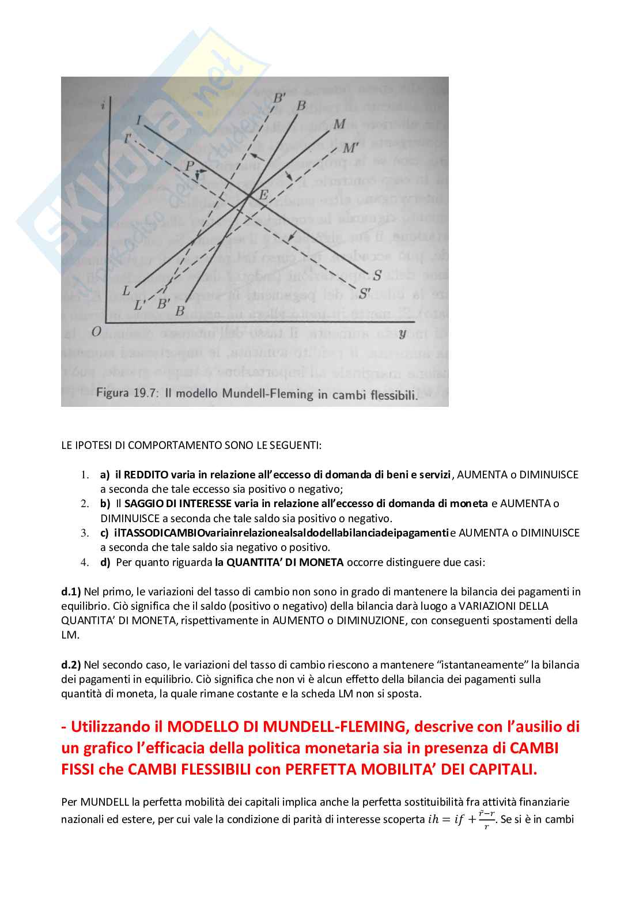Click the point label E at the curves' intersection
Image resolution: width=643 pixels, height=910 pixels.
point(263,194)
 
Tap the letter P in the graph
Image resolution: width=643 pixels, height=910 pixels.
point(190,166)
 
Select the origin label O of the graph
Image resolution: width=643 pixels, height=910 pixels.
point(96,331)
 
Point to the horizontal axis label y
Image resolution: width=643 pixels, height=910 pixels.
point(402,333)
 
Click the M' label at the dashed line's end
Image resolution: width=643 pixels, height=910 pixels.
point(351,148)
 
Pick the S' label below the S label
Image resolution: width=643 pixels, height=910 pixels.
point(364,293)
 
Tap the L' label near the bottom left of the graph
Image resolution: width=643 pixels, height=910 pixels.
point(139,305)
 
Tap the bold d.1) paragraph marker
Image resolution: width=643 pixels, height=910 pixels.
point(71,591)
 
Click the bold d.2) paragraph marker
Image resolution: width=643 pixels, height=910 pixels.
point(71,664)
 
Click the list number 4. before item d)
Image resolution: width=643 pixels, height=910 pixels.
point(85,562)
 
